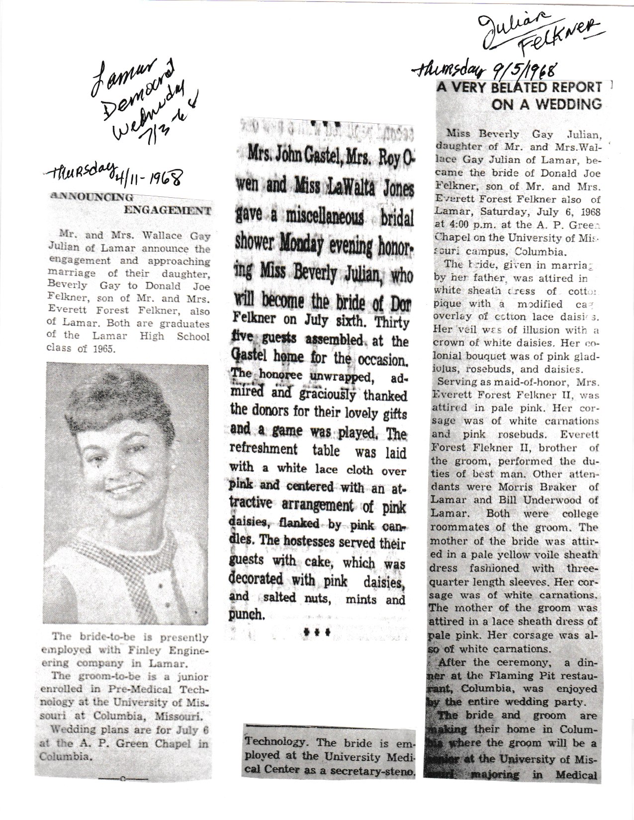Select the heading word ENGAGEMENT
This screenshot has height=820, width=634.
[167, 210]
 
